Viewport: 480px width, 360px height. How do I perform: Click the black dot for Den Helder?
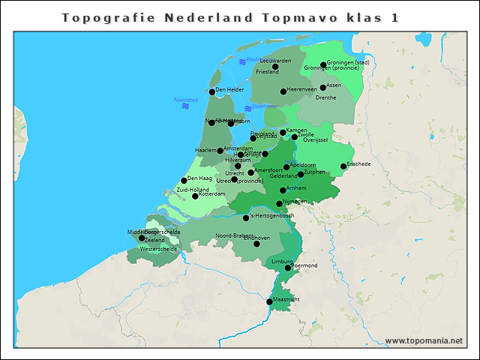[212, 92]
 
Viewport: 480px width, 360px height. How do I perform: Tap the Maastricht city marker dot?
[270, 301]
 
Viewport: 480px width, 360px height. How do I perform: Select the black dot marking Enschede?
[343, 166]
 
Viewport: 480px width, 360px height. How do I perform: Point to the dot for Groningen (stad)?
[323, 65]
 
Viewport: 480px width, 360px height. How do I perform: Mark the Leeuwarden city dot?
[275, 67]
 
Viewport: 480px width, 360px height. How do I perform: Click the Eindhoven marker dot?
[256, 244]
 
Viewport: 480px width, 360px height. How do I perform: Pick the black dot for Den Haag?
[184, 181]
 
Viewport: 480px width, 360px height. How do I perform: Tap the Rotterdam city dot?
[195, 196]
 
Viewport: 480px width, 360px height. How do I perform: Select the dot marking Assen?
[323, 88]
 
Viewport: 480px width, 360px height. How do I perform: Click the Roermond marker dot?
[288, 268]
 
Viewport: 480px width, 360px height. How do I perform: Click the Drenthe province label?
[326, 97]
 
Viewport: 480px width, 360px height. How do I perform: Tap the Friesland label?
[267, 72]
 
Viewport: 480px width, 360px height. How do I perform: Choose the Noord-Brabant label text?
[234, 235]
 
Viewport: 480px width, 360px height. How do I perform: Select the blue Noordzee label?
[185, 100]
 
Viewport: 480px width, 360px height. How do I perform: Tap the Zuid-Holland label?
[193, 190]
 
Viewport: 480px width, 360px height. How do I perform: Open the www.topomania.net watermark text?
[424, 340]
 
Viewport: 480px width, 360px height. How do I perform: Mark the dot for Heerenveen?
[283, 91]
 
